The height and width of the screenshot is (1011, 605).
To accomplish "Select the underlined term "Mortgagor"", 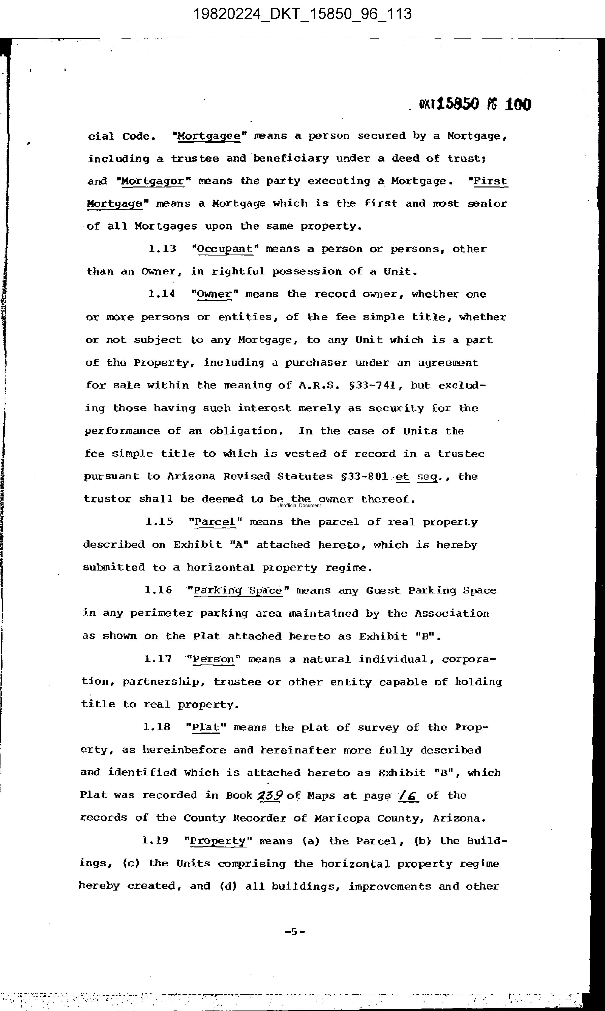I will point(153,181).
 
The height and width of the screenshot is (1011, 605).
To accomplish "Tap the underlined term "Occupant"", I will point(225,249).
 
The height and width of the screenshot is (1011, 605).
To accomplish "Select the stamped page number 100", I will point(518,105).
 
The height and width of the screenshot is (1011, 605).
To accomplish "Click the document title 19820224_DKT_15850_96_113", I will point(302,15).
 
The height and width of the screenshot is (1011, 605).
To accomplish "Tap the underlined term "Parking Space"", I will point(238,590).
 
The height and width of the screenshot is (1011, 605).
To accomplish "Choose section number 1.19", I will point(155,841).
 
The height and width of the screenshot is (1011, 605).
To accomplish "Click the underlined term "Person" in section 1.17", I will point(214,659).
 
